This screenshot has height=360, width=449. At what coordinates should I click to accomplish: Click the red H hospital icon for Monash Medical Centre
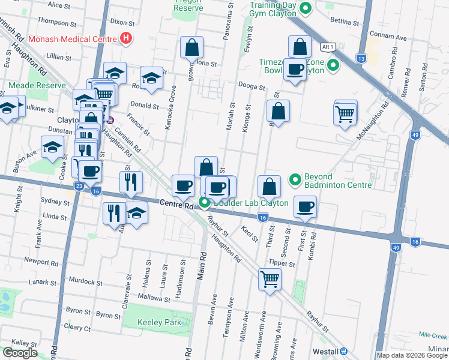(125, 38)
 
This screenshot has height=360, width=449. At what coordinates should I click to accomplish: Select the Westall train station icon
(344, 351)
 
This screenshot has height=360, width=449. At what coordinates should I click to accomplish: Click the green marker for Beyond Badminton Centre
(295, 179)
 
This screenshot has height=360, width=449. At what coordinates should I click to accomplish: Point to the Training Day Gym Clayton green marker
(306, 8)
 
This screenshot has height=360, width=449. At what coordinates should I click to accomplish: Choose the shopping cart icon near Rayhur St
(270, 278)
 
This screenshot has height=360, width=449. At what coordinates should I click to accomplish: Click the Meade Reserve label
(37, 85)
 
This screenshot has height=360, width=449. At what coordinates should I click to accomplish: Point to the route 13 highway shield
(361, 58)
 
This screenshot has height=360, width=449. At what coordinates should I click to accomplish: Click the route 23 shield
(79, 186)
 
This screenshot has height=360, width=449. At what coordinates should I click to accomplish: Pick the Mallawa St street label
(149, 298)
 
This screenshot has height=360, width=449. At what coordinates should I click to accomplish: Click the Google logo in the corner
(19, 353)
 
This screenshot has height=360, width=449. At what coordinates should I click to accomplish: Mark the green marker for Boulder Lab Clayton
(204, 202)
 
